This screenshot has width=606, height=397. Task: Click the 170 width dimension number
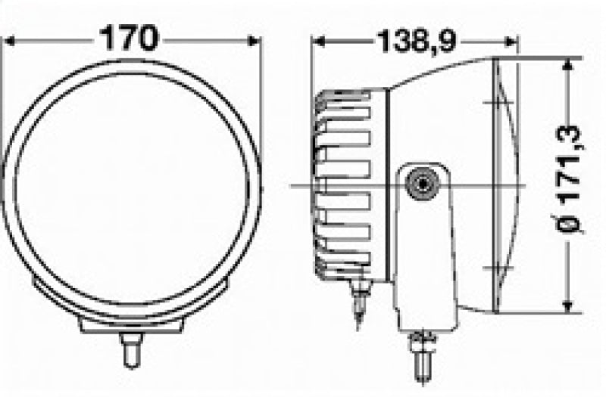(130, 37)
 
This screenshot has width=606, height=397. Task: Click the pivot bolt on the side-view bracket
(420, 183)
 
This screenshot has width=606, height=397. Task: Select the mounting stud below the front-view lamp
(130, 349)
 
